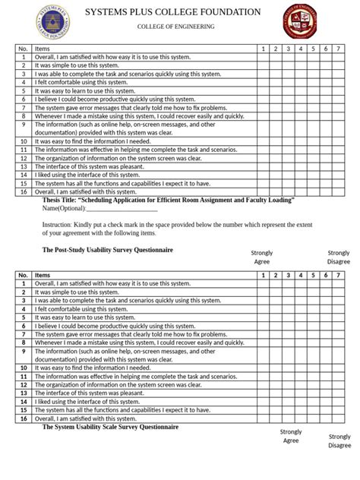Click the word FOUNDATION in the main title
point(224,12)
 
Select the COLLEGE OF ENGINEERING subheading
point(175,27)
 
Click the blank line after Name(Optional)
point(122,208)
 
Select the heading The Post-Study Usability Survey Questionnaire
point(107,249)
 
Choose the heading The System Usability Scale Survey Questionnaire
point(110,427)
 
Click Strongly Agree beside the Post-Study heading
point(262,257)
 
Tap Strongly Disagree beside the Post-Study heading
point(339,257)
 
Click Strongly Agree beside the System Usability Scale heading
point(291,436)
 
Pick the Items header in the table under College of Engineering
point(43,49)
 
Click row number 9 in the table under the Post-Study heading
point(24,351)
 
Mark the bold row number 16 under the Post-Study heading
point(24,418)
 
